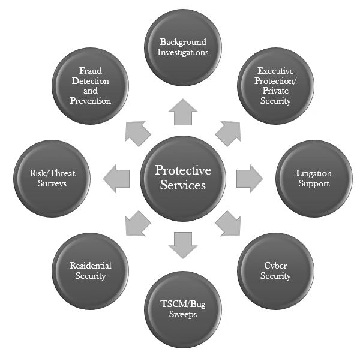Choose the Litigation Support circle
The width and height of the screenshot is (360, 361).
tap(313, 178)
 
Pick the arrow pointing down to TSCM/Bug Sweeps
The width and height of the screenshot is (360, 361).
tap(183, 243)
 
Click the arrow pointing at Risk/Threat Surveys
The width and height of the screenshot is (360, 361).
tap(117, 178)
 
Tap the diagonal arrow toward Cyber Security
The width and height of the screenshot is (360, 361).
tap(229, 224)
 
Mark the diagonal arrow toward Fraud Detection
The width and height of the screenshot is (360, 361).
tap(137, 131)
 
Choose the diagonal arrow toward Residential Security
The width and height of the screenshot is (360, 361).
tap(137, 224)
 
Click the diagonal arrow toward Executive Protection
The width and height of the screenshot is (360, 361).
tap(229, 131)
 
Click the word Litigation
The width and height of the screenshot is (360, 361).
tap(314, 173)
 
